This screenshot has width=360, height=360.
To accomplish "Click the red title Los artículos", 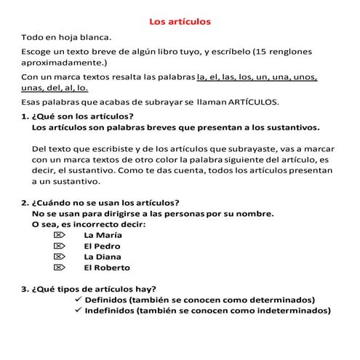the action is [x=180, y=22].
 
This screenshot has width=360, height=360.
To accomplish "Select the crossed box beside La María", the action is [x=60, y=235].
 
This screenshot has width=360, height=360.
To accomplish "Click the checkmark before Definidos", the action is [x=78, y=300].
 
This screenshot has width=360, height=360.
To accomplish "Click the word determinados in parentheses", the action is [x=279, y=300].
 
